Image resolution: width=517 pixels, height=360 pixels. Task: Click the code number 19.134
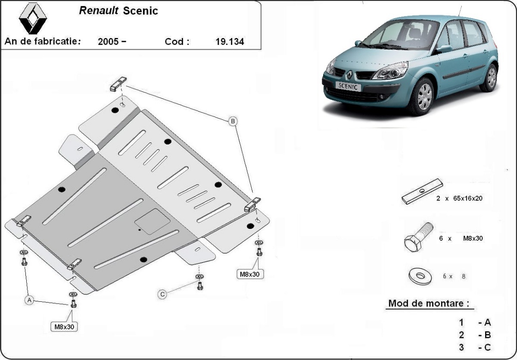pos(229,42)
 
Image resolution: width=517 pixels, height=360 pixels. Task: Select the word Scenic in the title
pos(140,11)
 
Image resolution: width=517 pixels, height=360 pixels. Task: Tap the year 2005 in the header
pos(109,42)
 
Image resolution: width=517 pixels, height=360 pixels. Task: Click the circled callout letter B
pos(232,122)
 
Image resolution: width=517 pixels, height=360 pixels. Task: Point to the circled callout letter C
pos(162,294)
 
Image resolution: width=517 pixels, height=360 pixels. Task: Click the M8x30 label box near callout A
pos(64,326)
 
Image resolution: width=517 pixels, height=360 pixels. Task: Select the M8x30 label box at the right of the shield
pos(249,274)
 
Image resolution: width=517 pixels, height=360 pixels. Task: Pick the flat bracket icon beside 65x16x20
pos(422,191)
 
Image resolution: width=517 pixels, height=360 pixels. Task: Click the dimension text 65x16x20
pos(466,198)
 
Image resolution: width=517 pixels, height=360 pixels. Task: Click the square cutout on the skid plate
pos(153,222)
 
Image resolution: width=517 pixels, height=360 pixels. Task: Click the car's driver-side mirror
pos(444,49)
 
